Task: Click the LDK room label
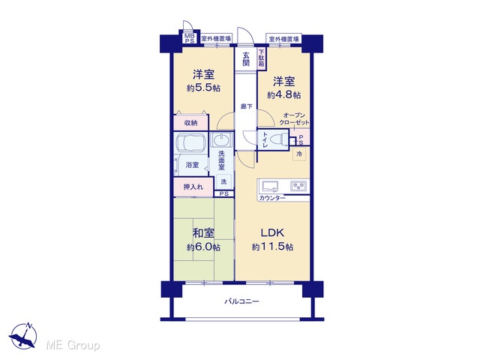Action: [272, 233]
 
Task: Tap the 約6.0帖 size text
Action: [203, 247]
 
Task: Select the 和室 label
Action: [203, 233]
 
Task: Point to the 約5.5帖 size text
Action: [203, 88]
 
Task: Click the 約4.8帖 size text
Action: [283, 95]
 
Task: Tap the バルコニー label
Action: [241, 301]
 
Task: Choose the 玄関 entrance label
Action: [246, 59]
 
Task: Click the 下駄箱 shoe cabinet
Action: [262, 58]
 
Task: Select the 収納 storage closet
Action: [191, 123]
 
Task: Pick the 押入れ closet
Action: [193, 187]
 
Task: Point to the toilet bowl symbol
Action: [279, 139]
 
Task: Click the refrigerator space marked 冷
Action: [299, 154]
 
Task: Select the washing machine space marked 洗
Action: [223, 181]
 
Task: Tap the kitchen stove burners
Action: [298, 186]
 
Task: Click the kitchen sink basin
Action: [270, 186]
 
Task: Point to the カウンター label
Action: [272, 198]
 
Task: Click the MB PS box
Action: [190, 38]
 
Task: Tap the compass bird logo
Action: [23, 337]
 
